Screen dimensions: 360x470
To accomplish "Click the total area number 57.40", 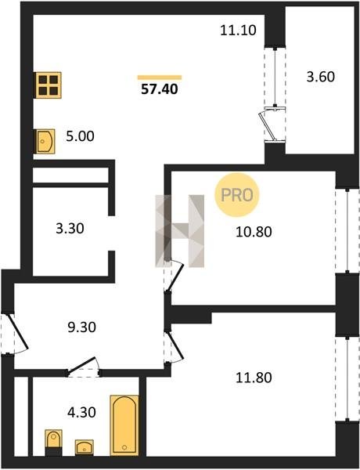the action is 160,89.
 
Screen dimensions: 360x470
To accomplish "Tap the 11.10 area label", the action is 238,31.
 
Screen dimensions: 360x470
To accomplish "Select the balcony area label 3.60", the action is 320,77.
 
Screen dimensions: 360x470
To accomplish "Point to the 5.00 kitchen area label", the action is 80,136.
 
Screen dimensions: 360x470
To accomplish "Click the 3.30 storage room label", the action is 70,229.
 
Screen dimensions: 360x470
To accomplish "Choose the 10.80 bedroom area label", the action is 254,232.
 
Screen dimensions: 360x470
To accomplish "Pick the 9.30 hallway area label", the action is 81,327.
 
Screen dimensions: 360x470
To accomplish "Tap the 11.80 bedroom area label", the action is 254,378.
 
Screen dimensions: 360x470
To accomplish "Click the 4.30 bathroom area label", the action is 81,413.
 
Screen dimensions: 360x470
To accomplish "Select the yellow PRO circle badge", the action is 236,195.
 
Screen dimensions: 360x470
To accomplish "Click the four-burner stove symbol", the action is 49,85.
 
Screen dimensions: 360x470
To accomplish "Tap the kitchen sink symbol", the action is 45,141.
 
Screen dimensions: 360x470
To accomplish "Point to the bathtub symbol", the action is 124,425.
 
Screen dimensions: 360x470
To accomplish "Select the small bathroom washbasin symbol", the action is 85,447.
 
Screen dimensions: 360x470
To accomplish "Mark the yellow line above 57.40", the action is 160,78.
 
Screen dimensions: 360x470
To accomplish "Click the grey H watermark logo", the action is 180,231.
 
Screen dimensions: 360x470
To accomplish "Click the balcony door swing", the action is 268,126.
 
